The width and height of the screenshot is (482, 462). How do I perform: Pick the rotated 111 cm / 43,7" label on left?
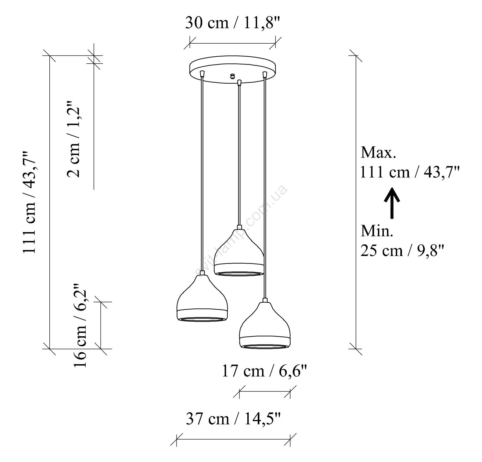30,203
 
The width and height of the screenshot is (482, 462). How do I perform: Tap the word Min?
377,231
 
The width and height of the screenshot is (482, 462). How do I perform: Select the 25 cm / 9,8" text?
402,251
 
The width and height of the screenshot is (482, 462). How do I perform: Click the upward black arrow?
392,203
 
